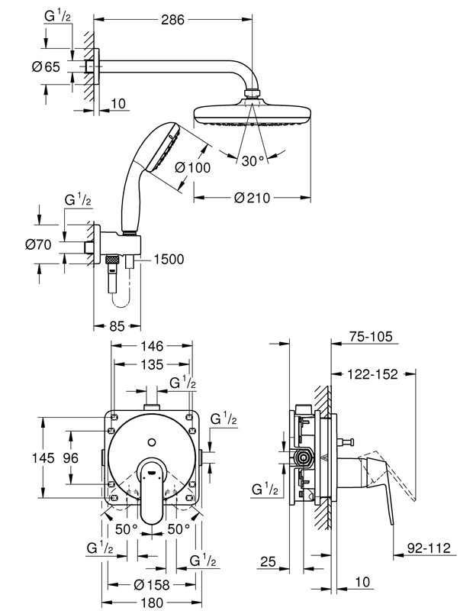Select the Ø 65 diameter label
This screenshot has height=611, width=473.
click(x=46, y=66)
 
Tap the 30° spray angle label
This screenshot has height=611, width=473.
click(x=252, y=161)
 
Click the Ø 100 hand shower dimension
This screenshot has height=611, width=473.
click(x=191, y=168)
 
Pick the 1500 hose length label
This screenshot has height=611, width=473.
click(x=169, y=260)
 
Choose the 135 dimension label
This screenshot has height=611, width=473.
click(x=152, y=364)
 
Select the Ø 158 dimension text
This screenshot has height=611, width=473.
click(x=152, y=585)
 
